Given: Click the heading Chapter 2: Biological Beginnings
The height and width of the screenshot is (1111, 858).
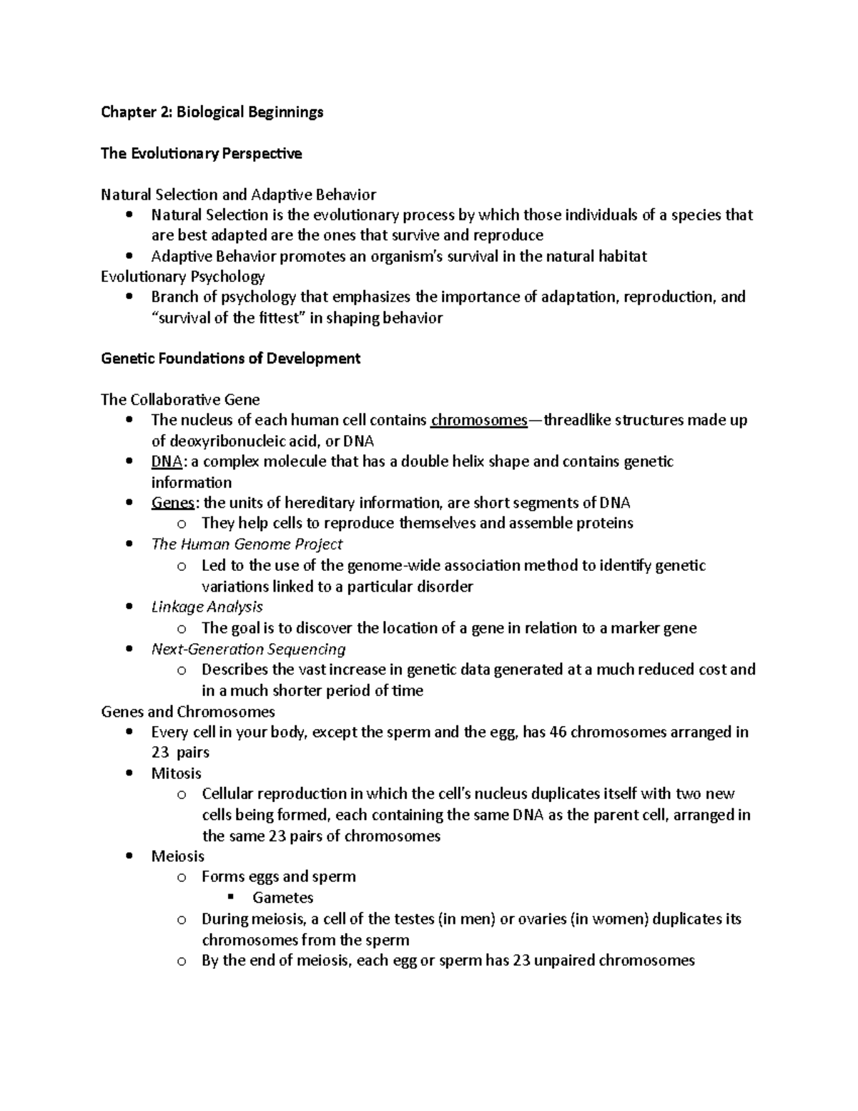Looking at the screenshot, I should [x=212, y=112].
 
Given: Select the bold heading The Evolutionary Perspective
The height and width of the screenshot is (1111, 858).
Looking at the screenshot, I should [x=201, y=153].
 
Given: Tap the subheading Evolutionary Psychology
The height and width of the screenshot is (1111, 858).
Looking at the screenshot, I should [x=182, y=276].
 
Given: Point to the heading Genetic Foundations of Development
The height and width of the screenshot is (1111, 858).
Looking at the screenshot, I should [x=230, y=358].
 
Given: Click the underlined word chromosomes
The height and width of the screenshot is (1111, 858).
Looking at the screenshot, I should [x=478, y=420].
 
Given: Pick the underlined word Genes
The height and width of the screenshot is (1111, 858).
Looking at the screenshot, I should [x=172, y=502].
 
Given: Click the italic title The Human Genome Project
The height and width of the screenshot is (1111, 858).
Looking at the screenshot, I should [x=247, y=544].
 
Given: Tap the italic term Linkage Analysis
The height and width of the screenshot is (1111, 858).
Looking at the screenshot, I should [x=207, y=607].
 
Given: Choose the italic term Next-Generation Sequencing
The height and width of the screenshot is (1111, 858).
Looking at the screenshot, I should [x=248, y=649].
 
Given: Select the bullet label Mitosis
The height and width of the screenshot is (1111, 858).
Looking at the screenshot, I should [x=176, y=773].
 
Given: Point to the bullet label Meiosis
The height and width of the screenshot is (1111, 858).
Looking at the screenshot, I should [x=177, y=856].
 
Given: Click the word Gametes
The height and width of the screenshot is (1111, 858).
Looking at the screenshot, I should [x=282, y=898].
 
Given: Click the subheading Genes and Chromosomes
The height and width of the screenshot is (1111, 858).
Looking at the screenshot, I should [x=187, y=711].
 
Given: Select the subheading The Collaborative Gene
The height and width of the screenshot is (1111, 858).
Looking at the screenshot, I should [x=180, y=399].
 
